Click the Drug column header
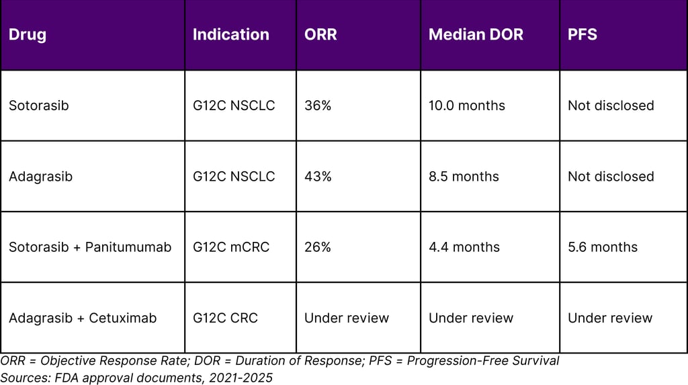(x=28, y=35)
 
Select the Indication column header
(x=231, y=35)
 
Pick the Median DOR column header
(x=476, y=35)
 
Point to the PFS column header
(x=583, y=35)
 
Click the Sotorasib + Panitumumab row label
(x=90, y=247)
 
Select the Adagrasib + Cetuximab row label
(x=83, y=318)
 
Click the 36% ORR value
(x=318, y=105)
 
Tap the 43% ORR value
(x=318, y=177)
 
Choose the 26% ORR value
(x=318, y=247)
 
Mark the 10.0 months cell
(x=467, y=105)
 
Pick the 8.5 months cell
(x=464, y=177)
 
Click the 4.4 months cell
(x=464, y=247)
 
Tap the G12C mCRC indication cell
(x=231, y=247)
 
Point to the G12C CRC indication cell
(x=225, y=318)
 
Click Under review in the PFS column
(x=610, y=318)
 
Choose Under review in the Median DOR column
(x=471, y=318)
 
